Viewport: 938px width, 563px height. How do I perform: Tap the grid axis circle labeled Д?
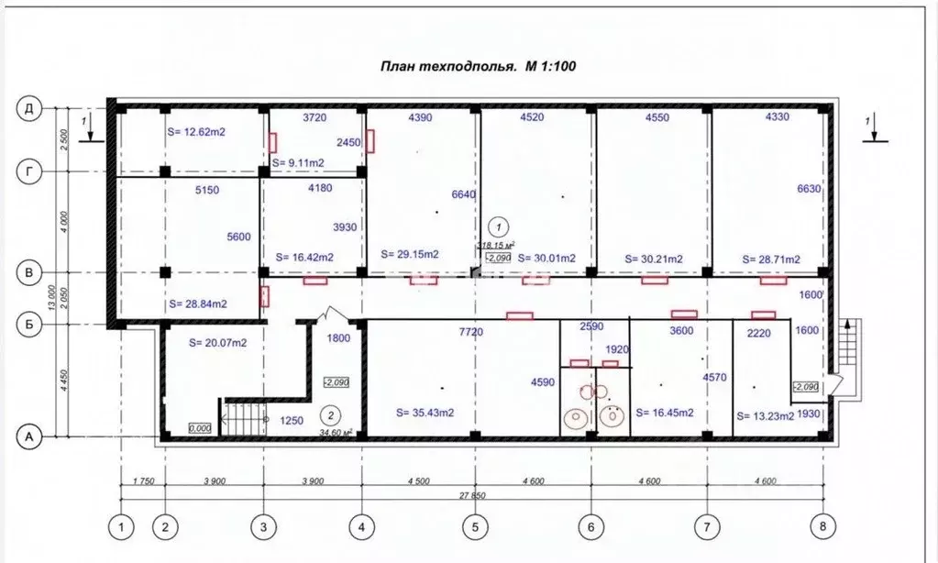pyautogui.click(x=29, y=108)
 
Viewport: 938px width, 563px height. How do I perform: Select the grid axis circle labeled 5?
pyautogui.click(x=475, y=527)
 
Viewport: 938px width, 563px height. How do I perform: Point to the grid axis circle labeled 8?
pyautogui.click(x=823, y=527)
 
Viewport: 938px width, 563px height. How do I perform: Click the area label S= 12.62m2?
pyautogui.click(x=196, y=132)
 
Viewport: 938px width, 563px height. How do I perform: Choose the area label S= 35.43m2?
pyautogui.click(x=423, y=412)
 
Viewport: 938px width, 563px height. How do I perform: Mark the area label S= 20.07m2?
pyautogui.click(x=218, y=344)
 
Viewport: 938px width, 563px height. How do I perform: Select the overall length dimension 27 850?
pyautogui.click(x=474, y=495)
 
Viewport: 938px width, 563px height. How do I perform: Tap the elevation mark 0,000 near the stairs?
pyautogui.click(x=198, y=428)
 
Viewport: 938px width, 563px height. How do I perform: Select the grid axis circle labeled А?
pyautogui.click(x=29, y=438)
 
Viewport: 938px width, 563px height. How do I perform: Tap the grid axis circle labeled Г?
pyautogui.click(x=29, y=171)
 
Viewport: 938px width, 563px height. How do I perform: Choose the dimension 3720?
pyautogui.click(x=315, y=117)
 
